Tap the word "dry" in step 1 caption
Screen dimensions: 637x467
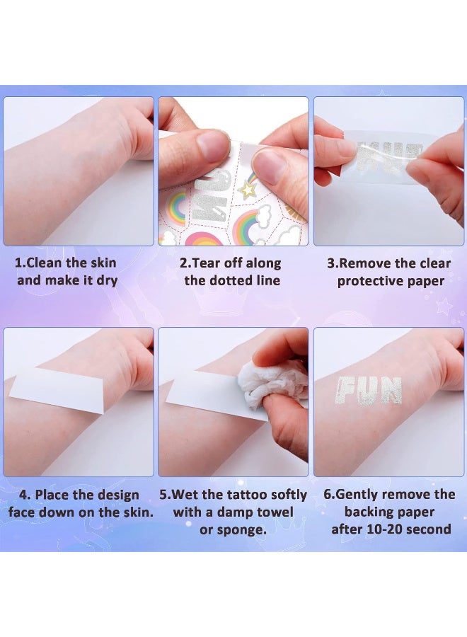105,280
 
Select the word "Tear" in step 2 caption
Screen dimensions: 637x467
210,263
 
